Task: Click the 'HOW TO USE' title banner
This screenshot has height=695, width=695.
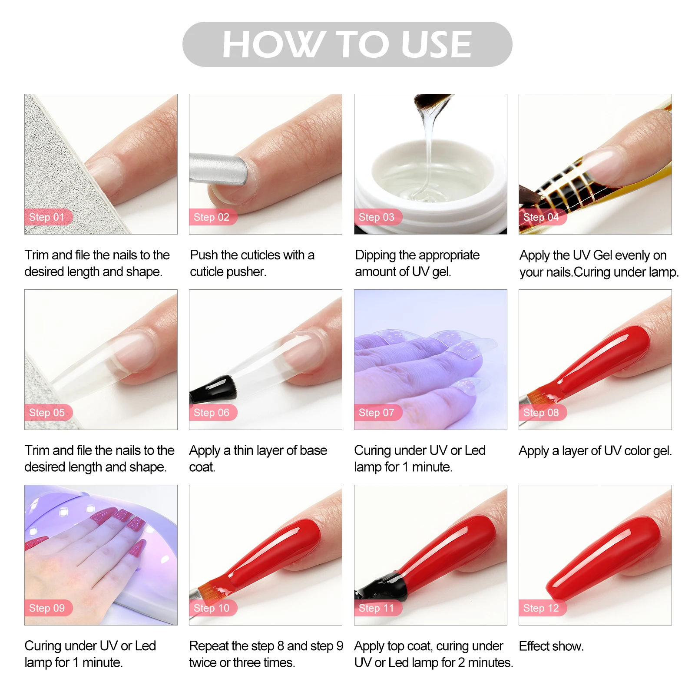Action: click(347, 44)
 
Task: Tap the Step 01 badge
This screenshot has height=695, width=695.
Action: click(47, 217)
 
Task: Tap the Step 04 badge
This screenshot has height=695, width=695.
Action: click(541, 217)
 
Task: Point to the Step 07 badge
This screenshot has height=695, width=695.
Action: click(377, 413)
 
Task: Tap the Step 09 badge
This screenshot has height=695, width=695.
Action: click(47, 608)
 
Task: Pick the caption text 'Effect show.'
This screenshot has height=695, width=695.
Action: click(551, 646)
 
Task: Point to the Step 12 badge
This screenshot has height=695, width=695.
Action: click(541, 608)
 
